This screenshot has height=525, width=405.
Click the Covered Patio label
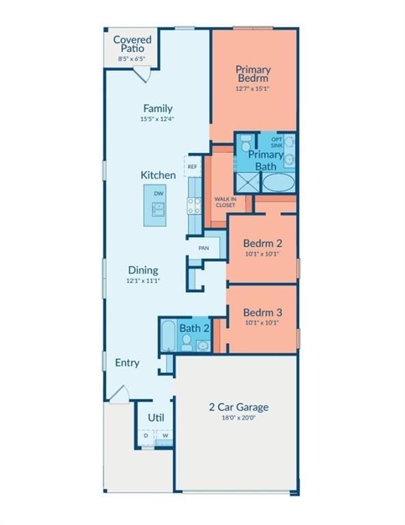(132, 44)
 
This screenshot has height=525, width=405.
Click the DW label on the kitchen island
(158, 194)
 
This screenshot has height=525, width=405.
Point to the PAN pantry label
(204, 248)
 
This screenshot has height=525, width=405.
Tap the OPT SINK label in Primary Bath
(277, 142)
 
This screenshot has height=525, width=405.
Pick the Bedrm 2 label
(262, 243)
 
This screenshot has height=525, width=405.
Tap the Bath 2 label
(194, 328)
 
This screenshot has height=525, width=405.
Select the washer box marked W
(165, 435)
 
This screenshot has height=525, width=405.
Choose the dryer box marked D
(146, 435)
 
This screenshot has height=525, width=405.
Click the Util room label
(156, 418)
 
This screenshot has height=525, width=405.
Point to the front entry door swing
(118, 394)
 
